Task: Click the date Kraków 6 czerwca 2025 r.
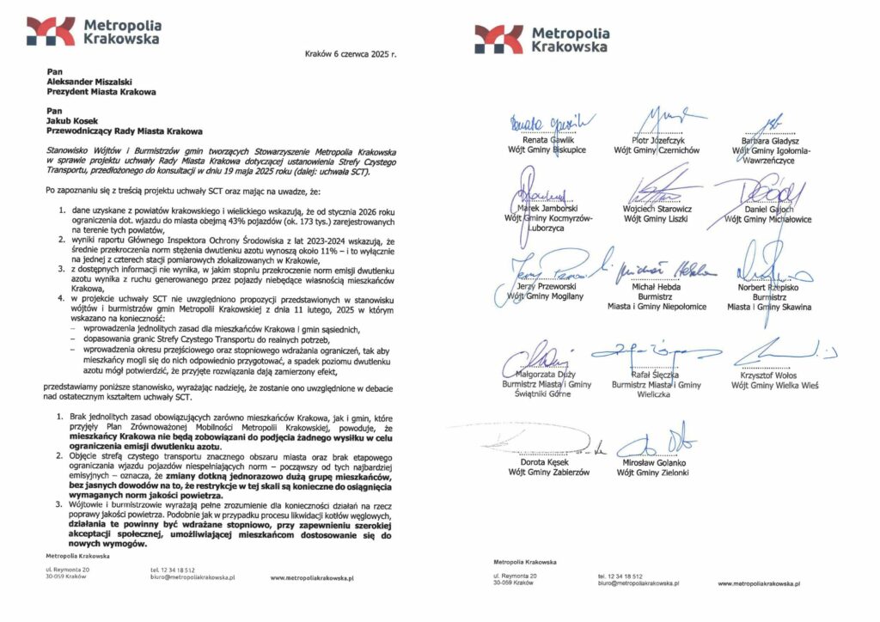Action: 351,54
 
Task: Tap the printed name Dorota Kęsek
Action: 547,461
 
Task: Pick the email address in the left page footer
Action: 193,579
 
